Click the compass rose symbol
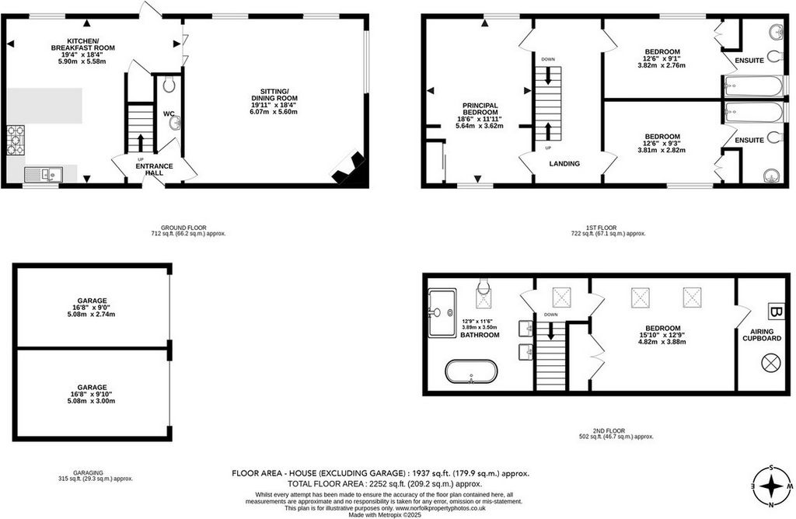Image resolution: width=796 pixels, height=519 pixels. coord(772,486)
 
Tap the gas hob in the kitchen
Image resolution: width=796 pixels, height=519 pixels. coord(16,140)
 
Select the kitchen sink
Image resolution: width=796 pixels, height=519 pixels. coord(44,175)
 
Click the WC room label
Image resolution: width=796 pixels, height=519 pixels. coord(169,113)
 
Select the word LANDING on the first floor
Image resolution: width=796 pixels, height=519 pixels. coord(564,163)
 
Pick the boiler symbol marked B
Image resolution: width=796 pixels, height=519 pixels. coord(776,311)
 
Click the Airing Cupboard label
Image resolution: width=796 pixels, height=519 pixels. coord(762,335)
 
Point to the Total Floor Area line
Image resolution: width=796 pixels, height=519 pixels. coord(384,483)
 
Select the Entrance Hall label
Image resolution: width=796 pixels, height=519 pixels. coord(155,169)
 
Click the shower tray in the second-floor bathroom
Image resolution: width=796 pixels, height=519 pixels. coord(442,313)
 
